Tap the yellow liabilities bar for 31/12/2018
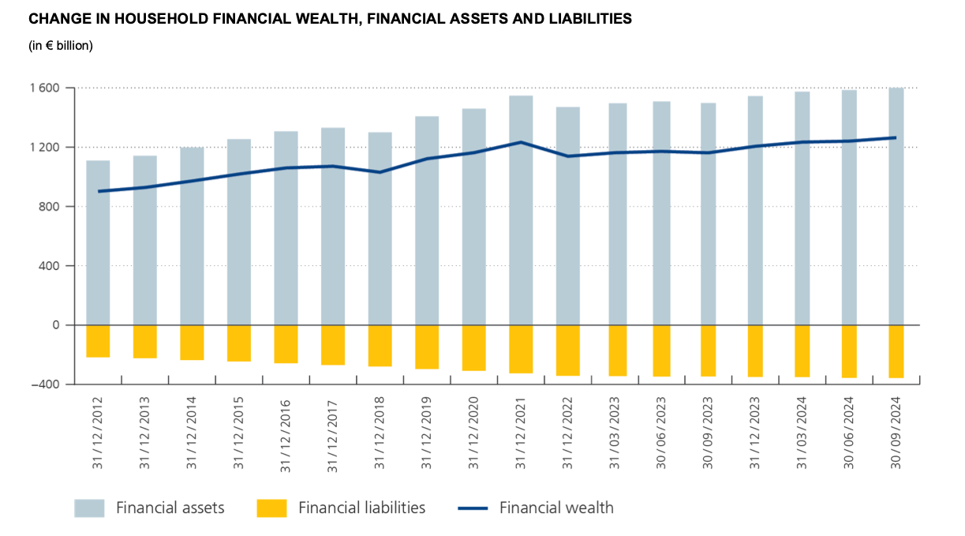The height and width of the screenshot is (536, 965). pos(380,345)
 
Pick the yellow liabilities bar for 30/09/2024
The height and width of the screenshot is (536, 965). pos(896,351)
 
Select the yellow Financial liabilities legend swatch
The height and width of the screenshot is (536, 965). pos(272,508)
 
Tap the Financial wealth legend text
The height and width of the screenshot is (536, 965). pos(556,508)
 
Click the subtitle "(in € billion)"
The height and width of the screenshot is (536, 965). pos(61,46)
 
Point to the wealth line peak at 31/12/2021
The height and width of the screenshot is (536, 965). pos(521,142)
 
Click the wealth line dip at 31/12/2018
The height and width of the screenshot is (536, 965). pos(380,172)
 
